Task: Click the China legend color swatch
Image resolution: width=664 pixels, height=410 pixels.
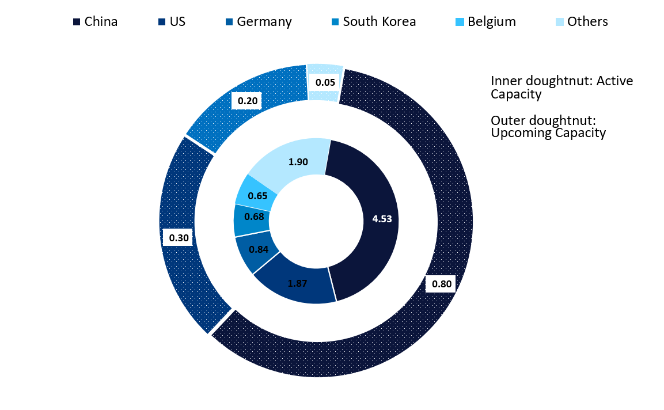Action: (77, 22)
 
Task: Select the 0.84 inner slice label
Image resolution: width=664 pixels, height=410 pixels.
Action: (258, 249)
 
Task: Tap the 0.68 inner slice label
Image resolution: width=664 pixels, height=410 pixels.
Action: (254, 217)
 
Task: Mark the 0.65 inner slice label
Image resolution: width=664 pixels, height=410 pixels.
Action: (257, 196)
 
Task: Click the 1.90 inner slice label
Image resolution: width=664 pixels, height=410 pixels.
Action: (298, 162)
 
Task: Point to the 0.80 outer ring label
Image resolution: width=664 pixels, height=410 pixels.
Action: (441, 284)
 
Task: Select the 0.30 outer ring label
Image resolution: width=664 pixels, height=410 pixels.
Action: (179, 237)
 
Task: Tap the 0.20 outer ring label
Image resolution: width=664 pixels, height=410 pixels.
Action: (247, 102)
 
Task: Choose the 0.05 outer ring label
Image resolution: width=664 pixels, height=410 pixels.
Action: (325, 82)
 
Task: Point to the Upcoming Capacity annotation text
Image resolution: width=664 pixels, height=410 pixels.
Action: (548, 133)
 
